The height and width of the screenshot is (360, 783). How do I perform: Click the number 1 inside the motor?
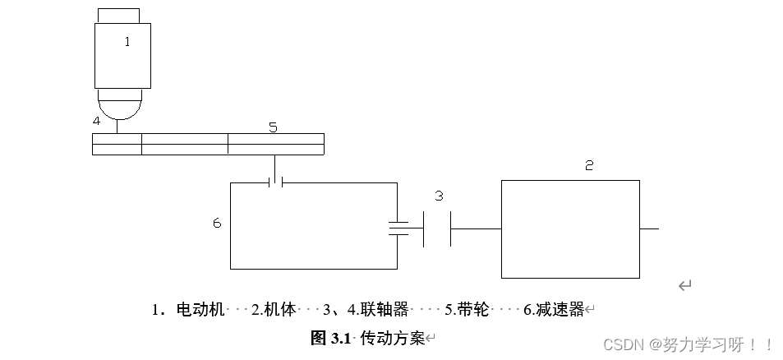tap(127, 42)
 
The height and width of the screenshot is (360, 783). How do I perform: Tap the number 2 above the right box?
tap(589, 165)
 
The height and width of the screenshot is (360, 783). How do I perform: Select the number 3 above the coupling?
tap(439, 196)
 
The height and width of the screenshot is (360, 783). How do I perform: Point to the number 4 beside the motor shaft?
tap(97, 121)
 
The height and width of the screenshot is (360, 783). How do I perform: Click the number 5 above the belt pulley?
tap(273, 127)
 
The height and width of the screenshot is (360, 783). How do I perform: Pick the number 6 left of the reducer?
tap(217, 223)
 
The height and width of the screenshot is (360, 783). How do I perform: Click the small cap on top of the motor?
tap(118, 16)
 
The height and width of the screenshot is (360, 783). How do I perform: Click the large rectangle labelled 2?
tap(570, 229)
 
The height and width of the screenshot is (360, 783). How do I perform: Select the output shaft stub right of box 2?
tap(649, 228)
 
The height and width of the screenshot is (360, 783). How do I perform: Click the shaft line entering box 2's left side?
tap(477, 228)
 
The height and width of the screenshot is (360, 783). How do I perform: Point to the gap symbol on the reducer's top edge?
tap(276, 182)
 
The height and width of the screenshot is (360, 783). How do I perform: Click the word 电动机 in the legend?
tap(200, 310)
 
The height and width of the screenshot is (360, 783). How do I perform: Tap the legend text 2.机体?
tap(273, 310)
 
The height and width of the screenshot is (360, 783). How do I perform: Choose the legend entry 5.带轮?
tap(467, 310)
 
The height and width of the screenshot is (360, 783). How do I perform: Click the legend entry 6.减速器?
tap(553, 310)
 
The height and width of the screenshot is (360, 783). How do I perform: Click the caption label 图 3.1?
tap(331, 338)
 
